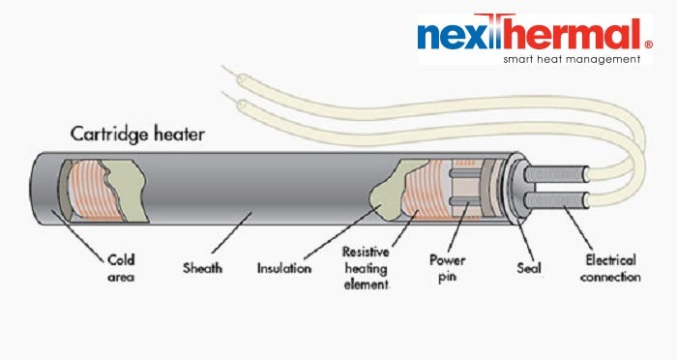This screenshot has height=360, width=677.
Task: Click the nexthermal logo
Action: click(528, 36)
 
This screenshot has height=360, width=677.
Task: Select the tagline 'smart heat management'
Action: click(571, 59)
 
